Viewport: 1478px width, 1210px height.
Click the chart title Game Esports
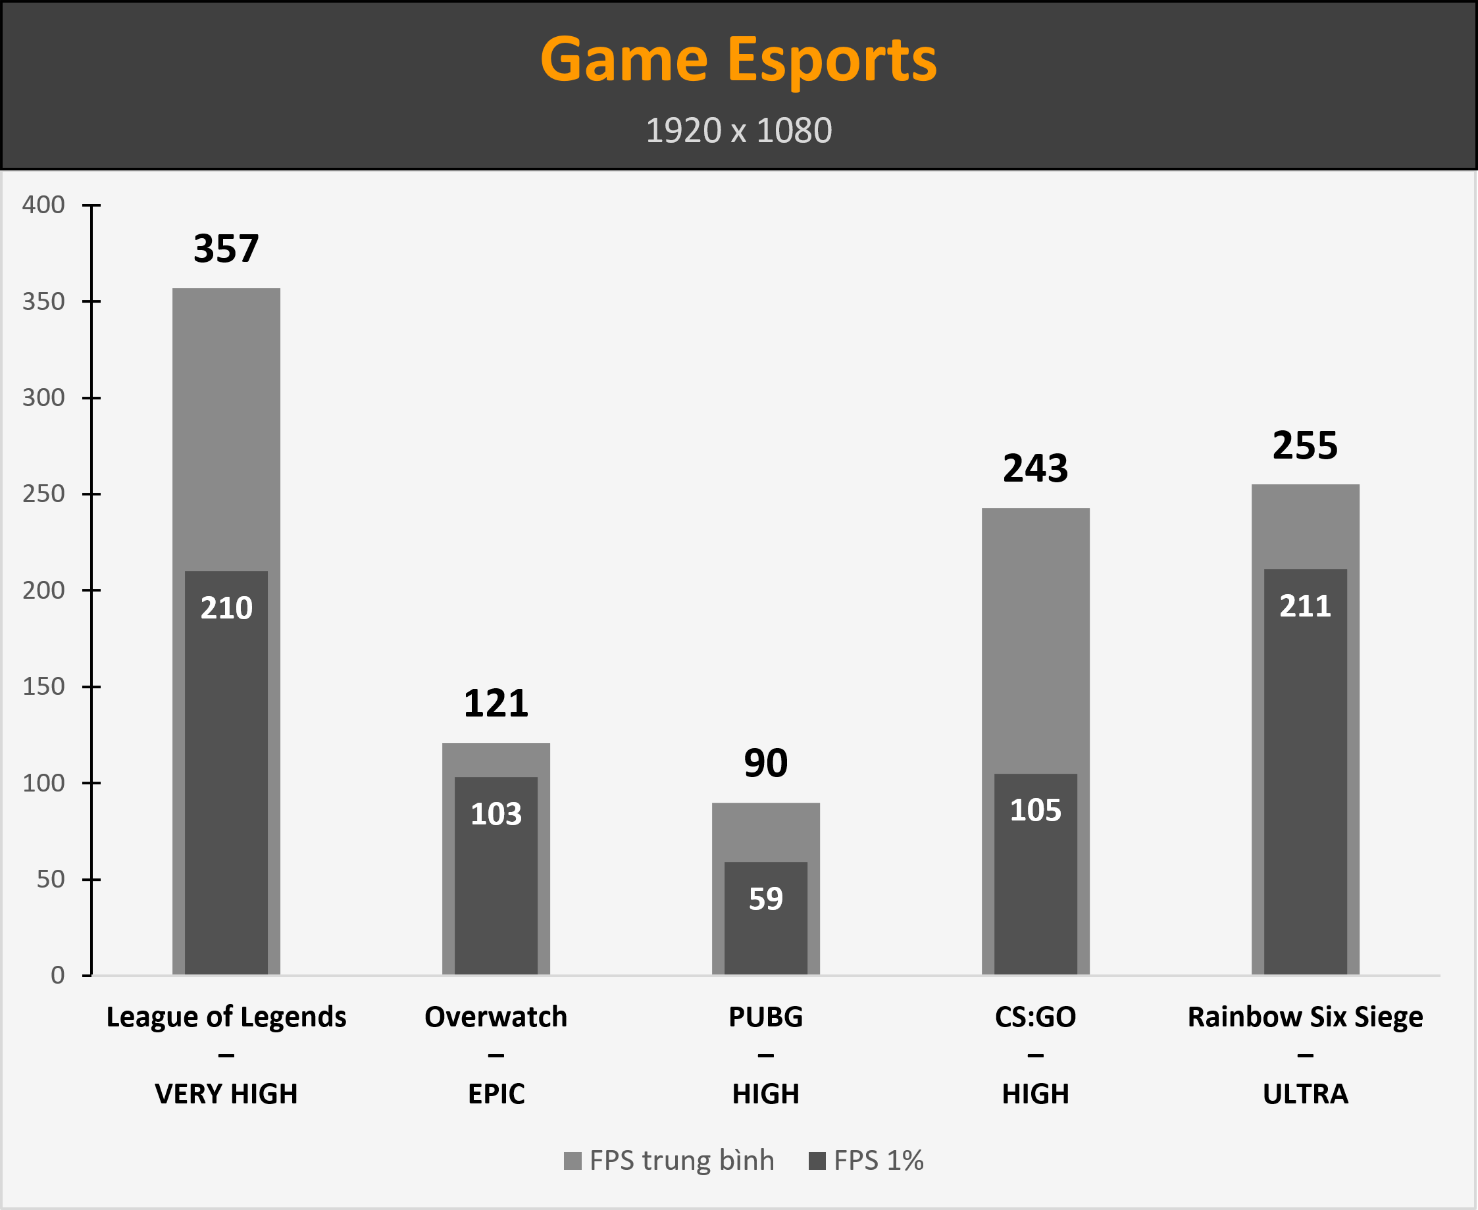[738, 60]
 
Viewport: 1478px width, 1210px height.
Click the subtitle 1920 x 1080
[738, 130]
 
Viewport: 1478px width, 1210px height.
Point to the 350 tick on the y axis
[43, 302]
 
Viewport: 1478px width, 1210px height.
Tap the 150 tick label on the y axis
[43, 686]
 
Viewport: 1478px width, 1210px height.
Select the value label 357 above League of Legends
[226, 249]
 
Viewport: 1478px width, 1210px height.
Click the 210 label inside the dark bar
[226, 608]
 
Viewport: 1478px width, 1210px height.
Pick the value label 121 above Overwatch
[496, 703]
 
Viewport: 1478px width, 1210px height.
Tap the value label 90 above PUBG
[765, 763]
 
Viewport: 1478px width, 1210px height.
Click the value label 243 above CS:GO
[1035, 468]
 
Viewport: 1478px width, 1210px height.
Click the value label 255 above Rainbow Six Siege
[1305, 445]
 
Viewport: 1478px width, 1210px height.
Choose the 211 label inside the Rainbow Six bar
[1305, 606]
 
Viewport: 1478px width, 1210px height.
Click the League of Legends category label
[226, 1017]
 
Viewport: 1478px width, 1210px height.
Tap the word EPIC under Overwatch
[496, 1094]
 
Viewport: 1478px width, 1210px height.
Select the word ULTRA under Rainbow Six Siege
[1305, 1094]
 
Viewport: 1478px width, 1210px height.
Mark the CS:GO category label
[1035, 1017]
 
